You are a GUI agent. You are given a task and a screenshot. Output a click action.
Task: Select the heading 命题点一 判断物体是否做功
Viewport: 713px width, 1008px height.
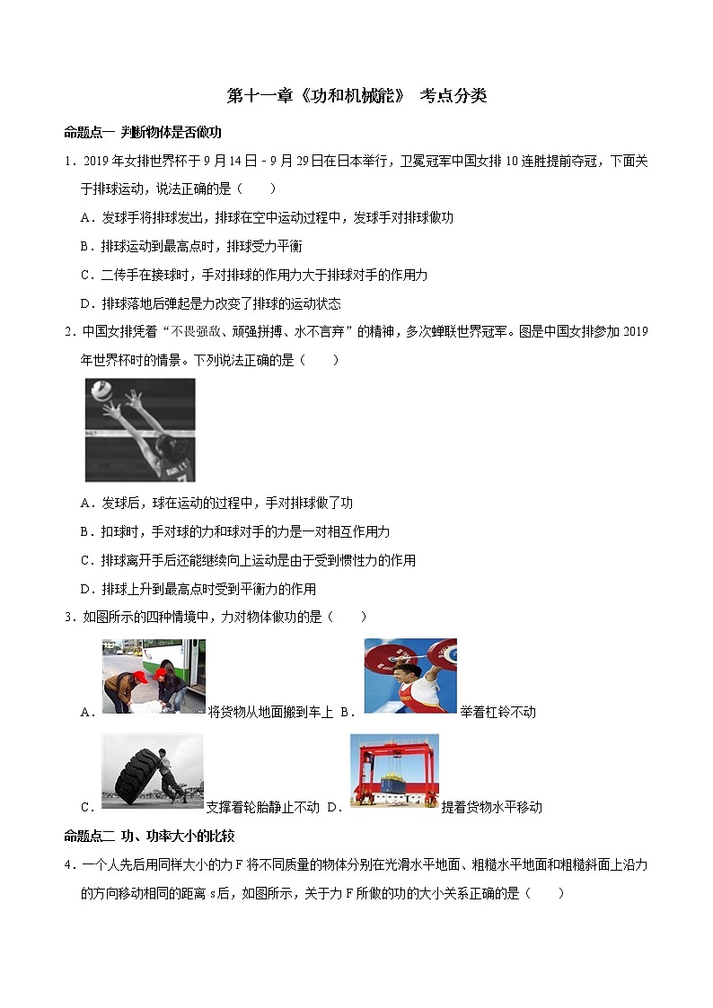coord(143,133)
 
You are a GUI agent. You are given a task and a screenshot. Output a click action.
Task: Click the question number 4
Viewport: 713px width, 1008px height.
coord(68,865)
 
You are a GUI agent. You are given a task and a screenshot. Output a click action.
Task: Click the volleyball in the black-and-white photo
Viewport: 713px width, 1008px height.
coord(101,390)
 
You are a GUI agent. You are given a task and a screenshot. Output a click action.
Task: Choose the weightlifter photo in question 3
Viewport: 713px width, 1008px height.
coord(410,676)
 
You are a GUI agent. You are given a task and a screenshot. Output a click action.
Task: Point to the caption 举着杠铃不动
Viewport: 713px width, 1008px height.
coord(497,712)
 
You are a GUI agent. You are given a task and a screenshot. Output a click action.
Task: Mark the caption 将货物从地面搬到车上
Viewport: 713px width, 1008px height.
coord(270,712)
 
